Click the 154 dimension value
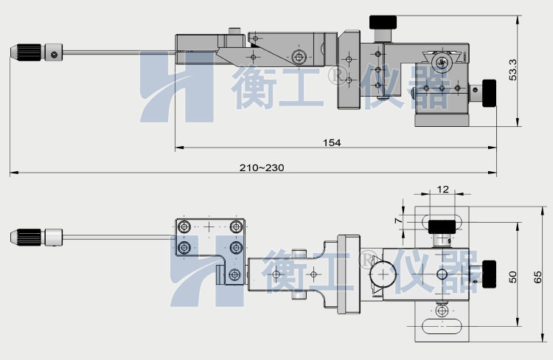coord(333,142)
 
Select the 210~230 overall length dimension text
coord(262,167)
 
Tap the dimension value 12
coord(442,190)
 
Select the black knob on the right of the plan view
coord(487,273)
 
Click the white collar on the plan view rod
coord(55,237)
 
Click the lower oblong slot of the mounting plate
coord(442,325)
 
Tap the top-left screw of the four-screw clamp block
coord(184,226)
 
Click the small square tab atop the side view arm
coord(235,32)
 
